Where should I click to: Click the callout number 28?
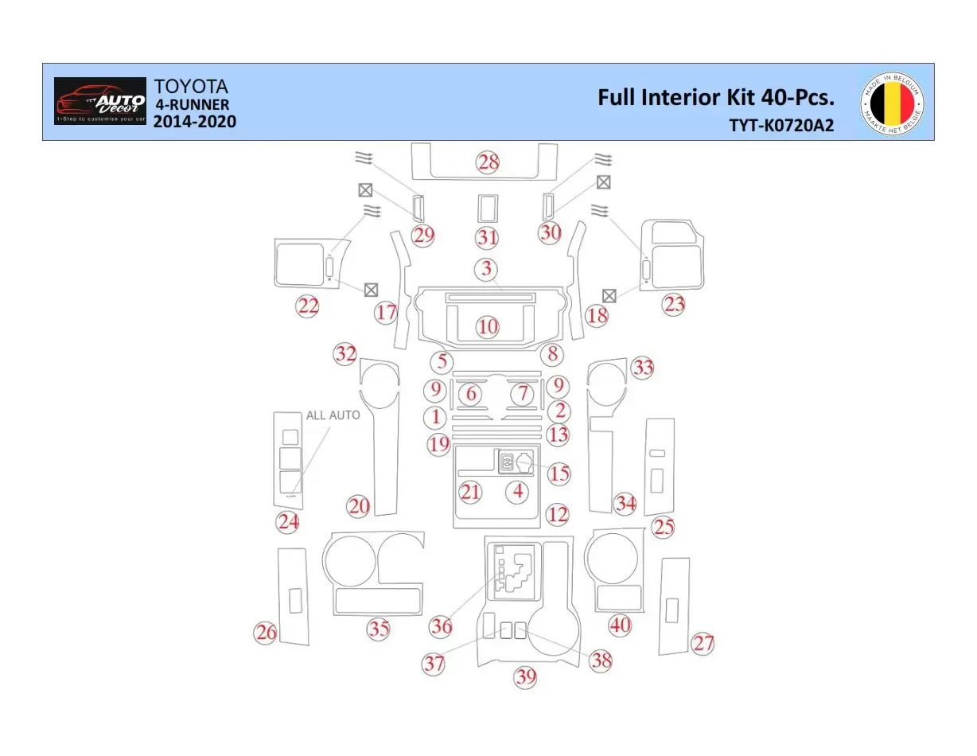(488, 162)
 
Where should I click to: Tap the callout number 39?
(525, 677)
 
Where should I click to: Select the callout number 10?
(488, 326)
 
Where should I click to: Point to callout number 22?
(308, 306)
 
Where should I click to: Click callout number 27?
(703, 643)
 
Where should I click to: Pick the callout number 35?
(379, 629)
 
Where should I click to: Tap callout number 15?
(559, 473)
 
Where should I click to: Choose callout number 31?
(487, 237)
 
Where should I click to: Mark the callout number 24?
(287, 522)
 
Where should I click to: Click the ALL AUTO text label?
(333, 415)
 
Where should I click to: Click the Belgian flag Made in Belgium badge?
(892, 103)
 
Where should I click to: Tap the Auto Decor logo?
(100, 101)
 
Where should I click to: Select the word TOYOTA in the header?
(191, 86)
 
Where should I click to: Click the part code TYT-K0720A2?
(781, 125)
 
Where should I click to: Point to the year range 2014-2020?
(194, 122)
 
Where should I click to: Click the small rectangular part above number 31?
(487, 209)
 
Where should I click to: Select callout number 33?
(643, 368)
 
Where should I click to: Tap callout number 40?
(620, 625)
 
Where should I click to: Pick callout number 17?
(387, 313)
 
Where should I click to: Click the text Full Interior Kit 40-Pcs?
(715, 97)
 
